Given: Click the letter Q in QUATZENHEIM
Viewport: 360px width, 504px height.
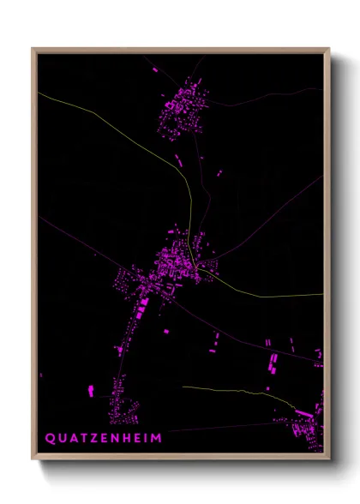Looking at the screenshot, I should point(50,438).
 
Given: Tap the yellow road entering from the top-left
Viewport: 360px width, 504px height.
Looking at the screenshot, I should point(103,119).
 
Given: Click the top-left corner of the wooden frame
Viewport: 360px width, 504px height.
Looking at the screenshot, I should point(33,49).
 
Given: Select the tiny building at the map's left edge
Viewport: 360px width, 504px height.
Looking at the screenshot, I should point(40,375).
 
